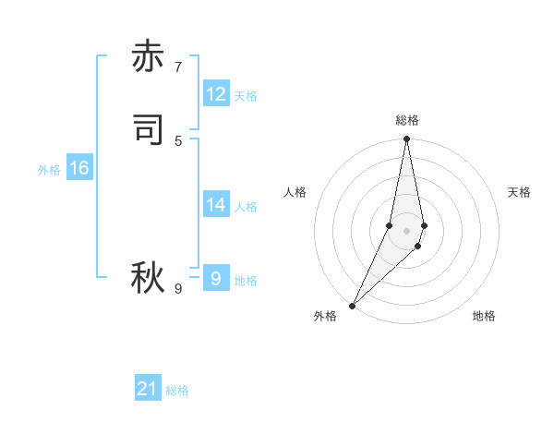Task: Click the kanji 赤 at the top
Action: [x=147, y=57]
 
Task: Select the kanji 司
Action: [x=147, y=130]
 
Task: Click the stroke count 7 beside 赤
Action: [x=178, y=67]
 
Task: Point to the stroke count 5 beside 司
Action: [x=178, y=140]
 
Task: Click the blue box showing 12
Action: [x=216, y=94]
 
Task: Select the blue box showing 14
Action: [x=216, y=205]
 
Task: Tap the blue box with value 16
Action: [x=79, y=168]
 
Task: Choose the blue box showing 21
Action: [x=148, y=389]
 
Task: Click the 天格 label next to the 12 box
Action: [x=246, y=96]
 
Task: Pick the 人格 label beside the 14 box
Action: [x=246, y=207]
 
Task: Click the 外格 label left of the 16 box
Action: [x=49, y=170]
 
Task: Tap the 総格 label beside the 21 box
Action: [x=177, y=391]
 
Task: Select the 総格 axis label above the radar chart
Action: [x=407, y=120]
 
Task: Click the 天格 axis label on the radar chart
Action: [x=519, y=192]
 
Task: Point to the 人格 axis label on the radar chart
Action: [x=295, y=192]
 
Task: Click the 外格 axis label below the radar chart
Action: [x=325, y=316]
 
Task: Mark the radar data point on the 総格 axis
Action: [x=407, y=139]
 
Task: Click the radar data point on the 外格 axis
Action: [x=353, y=305]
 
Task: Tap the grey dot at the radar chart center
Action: [x=407, y=231]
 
